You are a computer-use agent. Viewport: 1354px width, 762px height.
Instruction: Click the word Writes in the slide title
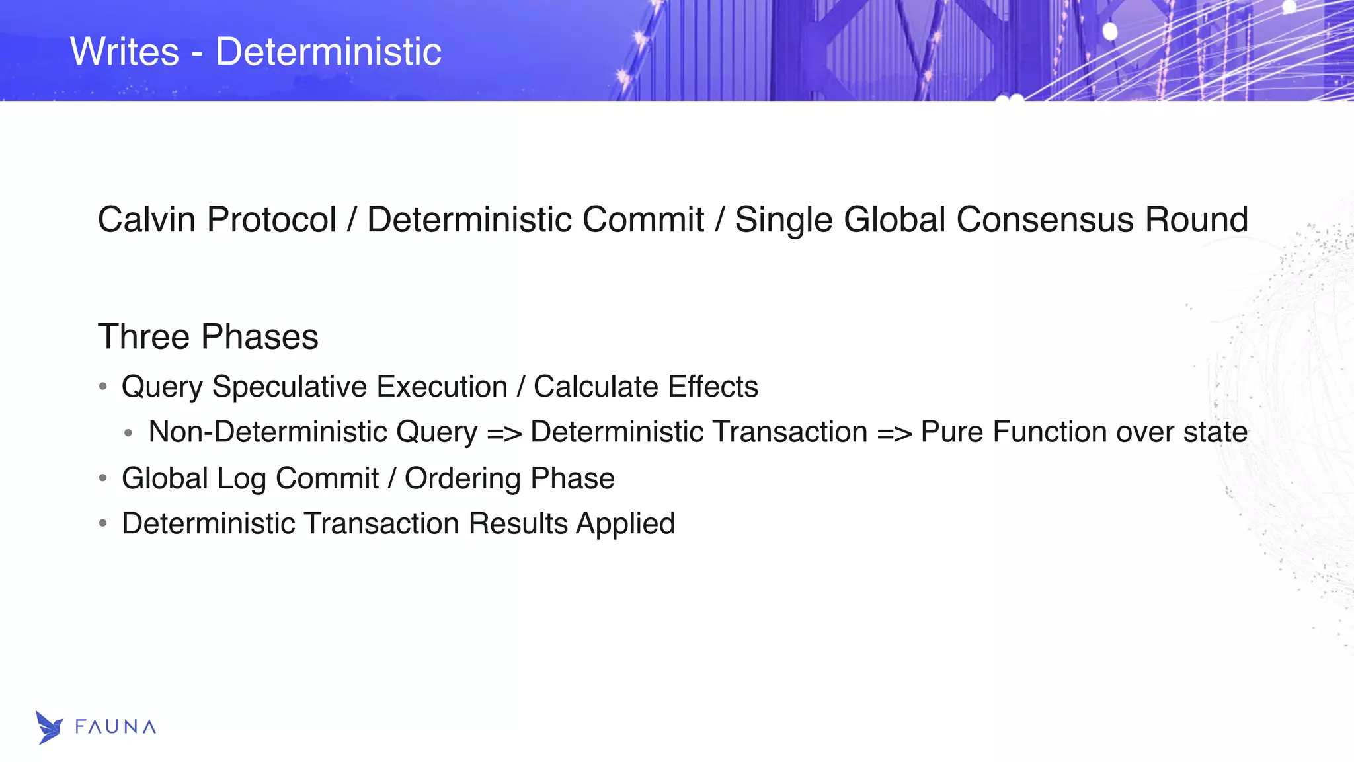click(x=124, y=52)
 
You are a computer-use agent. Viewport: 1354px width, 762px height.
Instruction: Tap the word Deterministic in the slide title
click(x=329, y=52)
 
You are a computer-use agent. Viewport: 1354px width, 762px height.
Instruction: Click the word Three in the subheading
click(x=143, y=336)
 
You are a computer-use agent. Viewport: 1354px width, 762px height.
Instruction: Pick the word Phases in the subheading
click(x=260, y=336)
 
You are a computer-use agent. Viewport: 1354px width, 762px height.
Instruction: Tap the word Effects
click(x=713, y=387)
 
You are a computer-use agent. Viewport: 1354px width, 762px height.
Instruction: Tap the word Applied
click(x=625, y=524)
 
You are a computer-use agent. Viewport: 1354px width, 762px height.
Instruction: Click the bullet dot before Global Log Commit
click(x=102, y=478)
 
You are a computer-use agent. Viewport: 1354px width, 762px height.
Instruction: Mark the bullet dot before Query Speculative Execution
click(x=102, y=386)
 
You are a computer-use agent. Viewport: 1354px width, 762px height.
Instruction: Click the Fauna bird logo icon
click(x=49, y=728)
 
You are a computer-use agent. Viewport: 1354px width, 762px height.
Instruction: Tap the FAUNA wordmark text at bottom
click(x=116, y=727)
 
